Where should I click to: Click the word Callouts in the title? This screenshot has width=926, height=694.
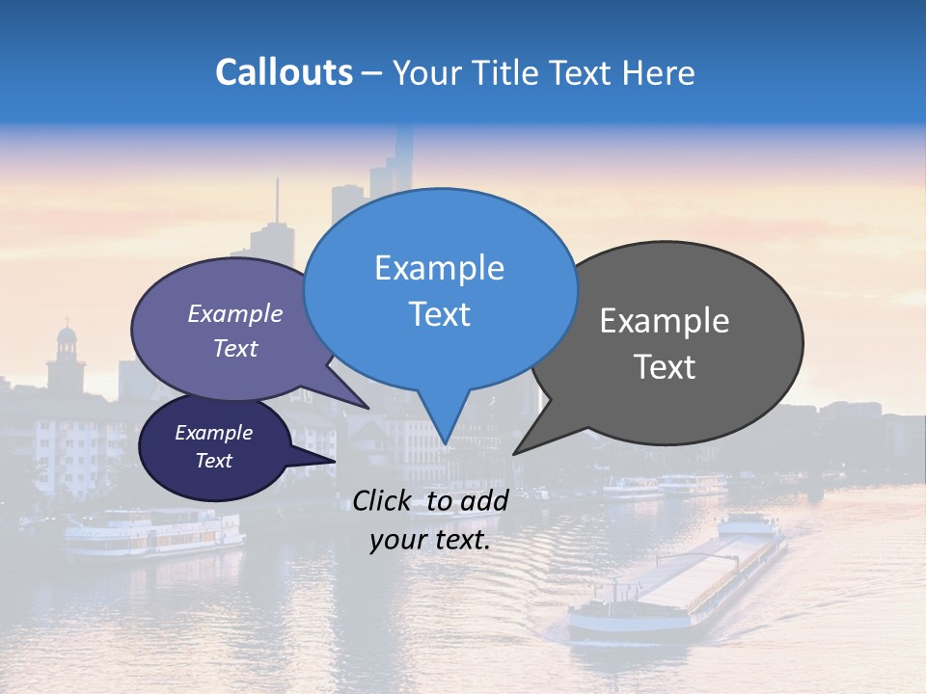click(284, 72)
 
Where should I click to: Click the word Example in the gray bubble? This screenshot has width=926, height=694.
click(665, 321)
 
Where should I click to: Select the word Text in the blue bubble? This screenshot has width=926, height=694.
click(440, 314)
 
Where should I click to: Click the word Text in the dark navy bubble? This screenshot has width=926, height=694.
click(214, 461)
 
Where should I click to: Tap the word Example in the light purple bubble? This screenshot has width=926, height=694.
click(235, 314)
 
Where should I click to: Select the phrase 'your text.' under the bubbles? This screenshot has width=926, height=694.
click(430, 540)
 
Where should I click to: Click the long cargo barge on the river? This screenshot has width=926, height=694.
click(675, 588)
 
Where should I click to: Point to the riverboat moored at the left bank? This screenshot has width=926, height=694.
click(154, 535)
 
